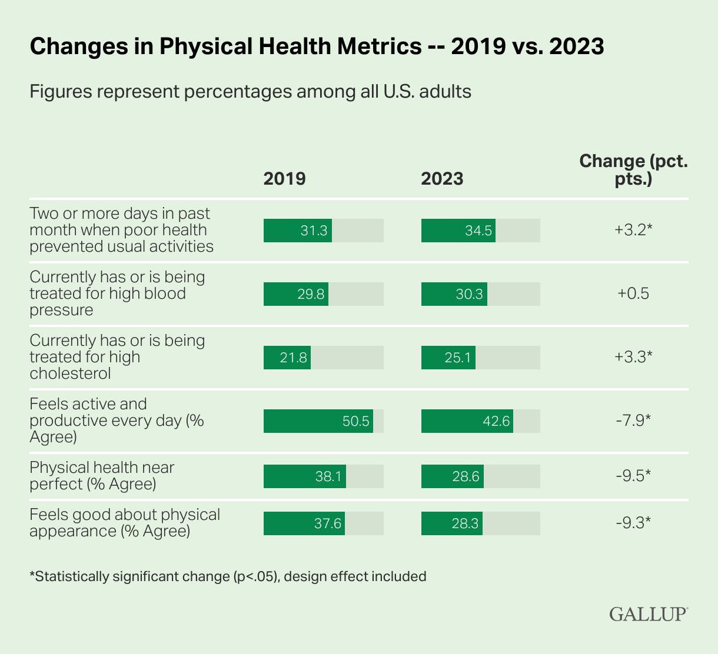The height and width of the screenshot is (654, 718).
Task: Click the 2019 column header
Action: [x=284, y=178]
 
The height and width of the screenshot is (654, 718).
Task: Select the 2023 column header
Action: [x=442, y=178]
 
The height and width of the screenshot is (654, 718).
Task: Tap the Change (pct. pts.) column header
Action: [x=633, y=170]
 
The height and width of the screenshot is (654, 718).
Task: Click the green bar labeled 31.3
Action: [x=298, y=231]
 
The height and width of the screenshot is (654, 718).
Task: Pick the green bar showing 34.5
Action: [x=458, y=231]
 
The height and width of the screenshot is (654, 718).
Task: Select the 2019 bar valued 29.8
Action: [x=296, y=294]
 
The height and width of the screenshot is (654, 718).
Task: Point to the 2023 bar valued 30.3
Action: [x=454, y=294]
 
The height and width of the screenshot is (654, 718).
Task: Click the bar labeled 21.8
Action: [x=287, y=358]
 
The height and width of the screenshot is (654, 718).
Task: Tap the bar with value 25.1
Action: [x=448, y=358]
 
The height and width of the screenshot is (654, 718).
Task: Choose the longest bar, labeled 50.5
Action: [x=318, y=421]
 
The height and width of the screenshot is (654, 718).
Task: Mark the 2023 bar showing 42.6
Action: [x=467, y=421]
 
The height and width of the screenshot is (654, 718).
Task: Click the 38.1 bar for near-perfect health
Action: [x=305, y=476]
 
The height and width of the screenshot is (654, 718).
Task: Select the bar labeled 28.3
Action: [x=452, y=523]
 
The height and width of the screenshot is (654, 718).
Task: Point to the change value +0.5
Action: [x=633, y=294]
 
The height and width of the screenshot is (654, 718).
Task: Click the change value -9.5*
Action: [x=633, y=476]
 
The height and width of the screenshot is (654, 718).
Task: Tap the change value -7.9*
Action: [x=633, y=421]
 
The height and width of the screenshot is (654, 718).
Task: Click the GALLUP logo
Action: [x=648, y=614]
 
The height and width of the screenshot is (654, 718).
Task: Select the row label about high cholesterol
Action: [x=117, y=357]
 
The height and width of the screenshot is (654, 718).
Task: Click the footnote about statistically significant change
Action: [x=228, y=576]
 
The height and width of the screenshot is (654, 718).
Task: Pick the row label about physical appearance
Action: [x=125, y=523]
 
